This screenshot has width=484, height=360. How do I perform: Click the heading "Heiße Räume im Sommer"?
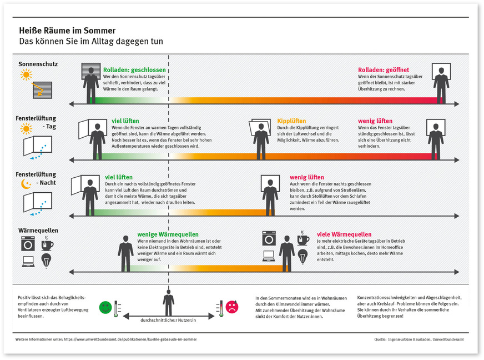click(68, 31)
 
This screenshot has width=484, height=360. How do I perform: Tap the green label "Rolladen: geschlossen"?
click(134, 70)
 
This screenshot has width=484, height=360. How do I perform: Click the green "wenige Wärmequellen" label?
click(168, 234)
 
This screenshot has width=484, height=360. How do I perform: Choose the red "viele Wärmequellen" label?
click(344, 234)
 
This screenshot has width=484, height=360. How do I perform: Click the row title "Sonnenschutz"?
click(38, 64)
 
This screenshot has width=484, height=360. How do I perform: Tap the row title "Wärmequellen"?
click(38, 230)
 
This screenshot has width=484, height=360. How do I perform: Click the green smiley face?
click(105, 307)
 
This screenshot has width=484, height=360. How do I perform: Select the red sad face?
click(231, 307)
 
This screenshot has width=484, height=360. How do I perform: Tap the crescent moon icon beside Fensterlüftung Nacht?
click(25, 183)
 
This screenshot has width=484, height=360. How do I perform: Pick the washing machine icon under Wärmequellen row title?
click(28, 243)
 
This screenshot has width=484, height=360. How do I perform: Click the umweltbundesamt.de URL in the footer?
click(130, 338)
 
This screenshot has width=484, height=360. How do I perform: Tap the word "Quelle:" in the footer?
click(381, 338)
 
